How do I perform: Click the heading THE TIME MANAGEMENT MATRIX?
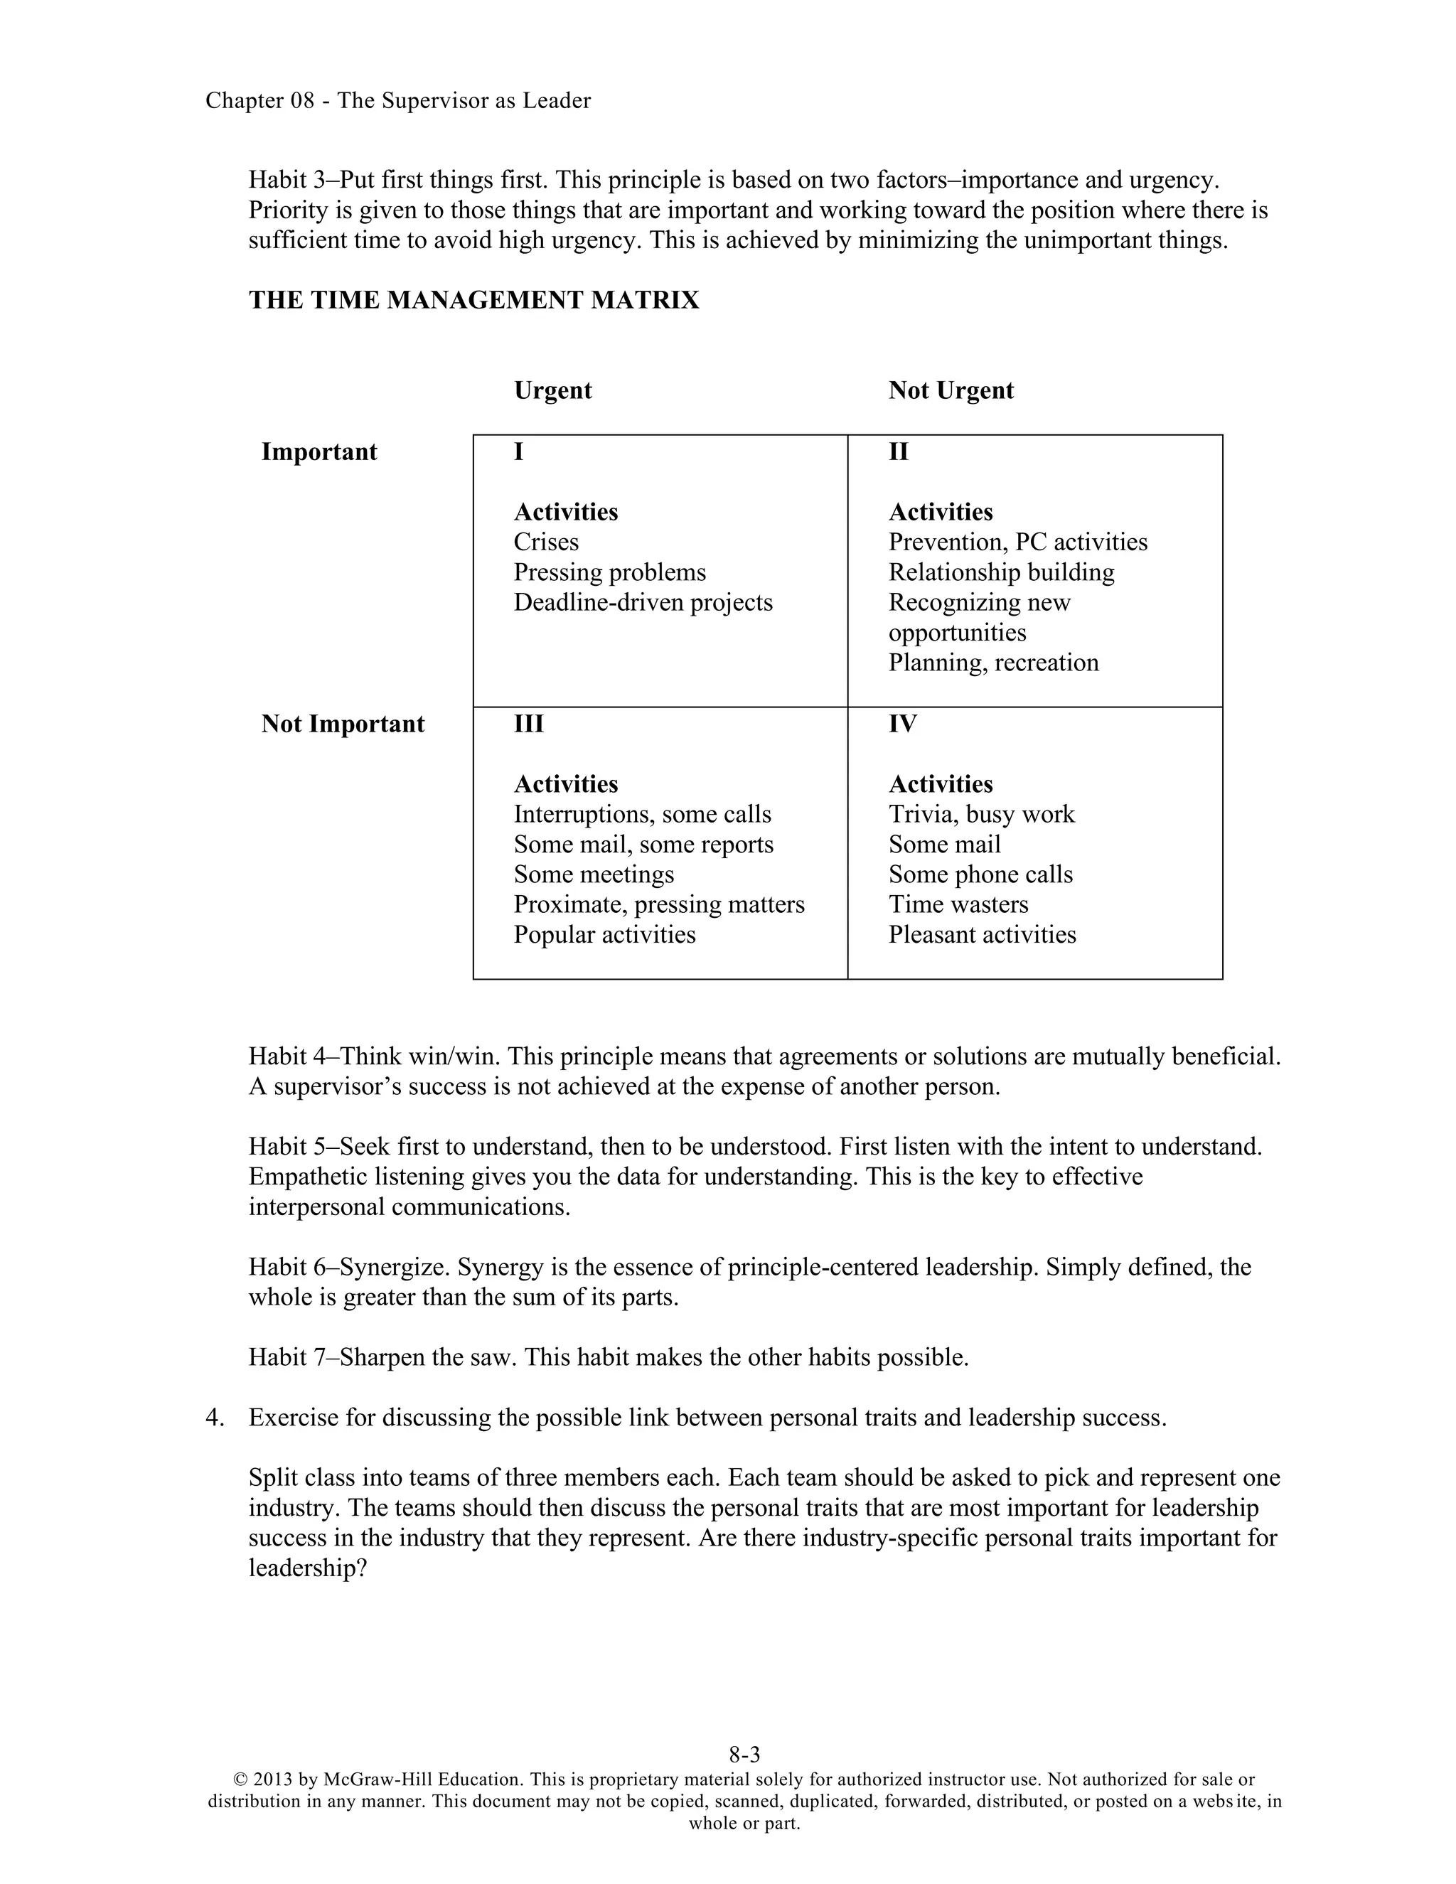473,300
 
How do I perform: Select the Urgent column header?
553,391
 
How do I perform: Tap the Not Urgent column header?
951,391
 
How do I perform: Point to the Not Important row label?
343,724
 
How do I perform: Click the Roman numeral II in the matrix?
898,452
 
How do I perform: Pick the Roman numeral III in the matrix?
529,724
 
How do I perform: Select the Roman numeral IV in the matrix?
902,724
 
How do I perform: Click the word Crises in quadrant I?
546,542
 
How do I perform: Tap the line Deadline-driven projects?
643,602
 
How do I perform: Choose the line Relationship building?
1002,573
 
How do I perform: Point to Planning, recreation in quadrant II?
994,663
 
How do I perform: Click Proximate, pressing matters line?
659,905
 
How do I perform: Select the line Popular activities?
605,935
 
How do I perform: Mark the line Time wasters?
958,905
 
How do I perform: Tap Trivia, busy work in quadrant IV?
982,814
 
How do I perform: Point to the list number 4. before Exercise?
215,1418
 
